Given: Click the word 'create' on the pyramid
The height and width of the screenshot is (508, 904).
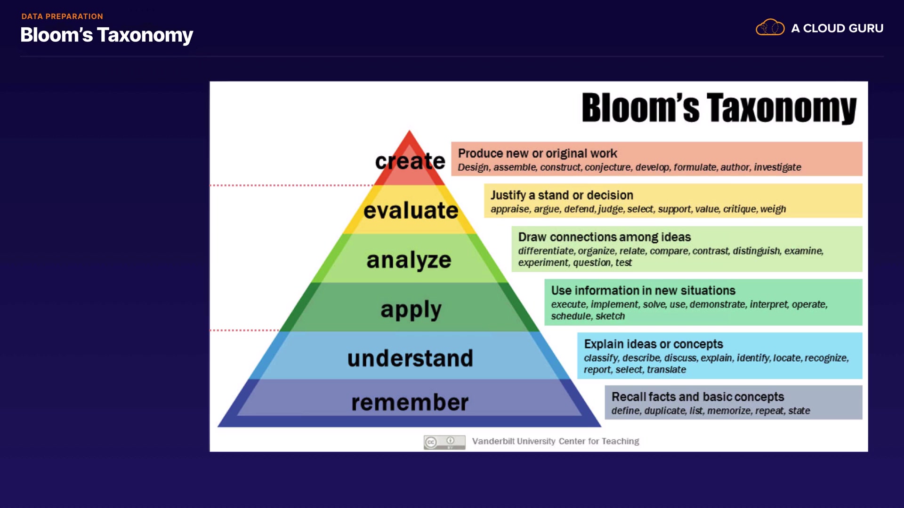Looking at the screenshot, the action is (x=410, y=161).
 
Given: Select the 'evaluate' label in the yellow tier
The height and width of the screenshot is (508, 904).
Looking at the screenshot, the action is (x=411, y=210).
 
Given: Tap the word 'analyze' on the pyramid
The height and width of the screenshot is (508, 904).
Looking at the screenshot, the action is (x=409, y=260).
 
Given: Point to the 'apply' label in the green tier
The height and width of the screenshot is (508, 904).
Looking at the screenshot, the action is (x=411, y=310).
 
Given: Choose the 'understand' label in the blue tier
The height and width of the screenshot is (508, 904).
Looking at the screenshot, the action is (x=410, y=358).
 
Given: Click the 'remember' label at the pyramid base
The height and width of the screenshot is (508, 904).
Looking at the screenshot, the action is (x=410, y=403).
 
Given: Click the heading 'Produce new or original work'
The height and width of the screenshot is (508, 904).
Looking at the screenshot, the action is (x=537, y=153).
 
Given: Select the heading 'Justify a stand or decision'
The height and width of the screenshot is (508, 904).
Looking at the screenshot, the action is (x=562, y=195).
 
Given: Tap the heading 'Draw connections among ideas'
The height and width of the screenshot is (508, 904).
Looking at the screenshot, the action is (x=605, y=237).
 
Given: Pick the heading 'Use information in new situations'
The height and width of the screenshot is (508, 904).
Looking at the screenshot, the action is (x=643, y=291).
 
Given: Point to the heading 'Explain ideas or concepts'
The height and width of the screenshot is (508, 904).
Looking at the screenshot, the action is (x=654, y=344).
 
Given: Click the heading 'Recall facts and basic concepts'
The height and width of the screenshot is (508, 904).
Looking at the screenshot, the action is (x=698, y=397).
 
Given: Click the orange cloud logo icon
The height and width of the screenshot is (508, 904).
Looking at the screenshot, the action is (x=770, y=28).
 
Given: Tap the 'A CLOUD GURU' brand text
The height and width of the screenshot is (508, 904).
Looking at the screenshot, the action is (x=837, y=28).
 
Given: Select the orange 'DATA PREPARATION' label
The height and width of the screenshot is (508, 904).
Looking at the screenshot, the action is (x=62, y=16).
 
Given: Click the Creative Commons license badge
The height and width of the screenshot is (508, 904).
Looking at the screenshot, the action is (x=444, y=442).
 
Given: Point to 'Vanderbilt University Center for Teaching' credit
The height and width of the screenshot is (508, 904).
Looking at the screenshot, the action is (x=556, y=441).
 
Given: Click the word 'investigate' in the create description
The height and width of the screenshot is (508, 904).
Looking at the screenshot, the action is (x=777, y=167).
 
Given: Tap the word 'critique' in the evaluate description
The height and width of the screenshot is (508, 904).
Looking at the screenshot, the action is (x=740, y=209).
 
